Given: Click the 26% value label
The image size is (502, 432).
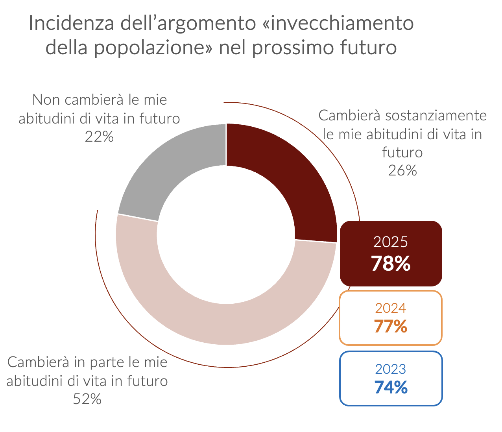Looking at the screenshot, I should [x=402, y=171].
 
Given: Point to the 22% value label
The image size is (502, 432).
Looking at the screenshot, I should [x=99, y=137].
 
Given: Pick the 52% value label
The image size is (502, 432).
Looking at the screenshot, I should [x=87, y=399].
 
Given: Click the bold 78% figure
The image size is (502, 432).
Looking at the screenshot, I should [x=391, y=264].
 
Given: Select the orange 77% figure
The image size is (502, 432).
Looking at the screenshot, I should [x=391, y=326].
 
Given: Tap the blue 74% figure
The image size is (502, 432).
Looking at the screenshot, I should [x=391, y=388].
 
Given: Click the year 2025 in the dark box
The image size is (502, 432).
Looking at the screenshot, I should [x=391, y=242].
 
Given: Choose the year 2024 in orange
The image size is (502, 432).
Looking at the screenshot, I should [x=391, y=308].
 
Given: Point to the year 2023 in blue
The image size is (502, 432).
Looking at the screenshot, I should [x=391, y=369].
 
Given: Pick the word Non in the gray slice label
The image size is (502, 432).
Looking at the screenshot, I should [x=46, y=100].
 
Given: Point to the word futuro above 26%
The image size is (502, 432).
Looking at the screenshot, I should [x=402, y=152].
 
